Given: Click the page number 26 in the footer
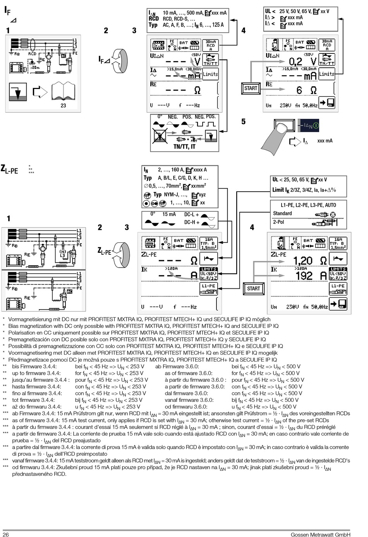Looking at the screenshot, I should (6, 535).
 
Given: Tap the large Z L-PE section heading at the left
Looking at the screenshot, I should (9, 169).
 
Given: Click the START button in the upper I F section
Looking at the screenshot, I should (251, 88).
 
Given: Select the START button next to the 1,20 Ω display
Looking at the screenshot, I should (253, 288).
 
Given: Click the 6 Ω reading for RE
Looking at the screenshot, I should (306, 90).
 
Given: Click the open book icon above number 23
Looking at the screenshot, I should (63, 92).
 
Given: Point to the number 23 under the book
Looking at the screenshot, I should (63, 105).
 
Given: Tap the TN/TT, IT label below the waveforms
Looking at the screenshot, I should (184, 147).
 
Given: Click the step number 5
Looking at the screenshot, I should (243, 122).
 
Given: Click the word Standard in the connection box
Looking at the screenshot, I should (282, 213).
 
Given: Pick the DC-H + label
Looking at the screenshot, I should (191, 223).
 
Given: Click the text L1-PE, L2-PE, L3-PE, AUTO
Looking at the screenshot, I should (308, 205).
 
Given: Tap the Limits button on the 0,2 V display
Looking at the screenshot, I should (327, 74).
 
